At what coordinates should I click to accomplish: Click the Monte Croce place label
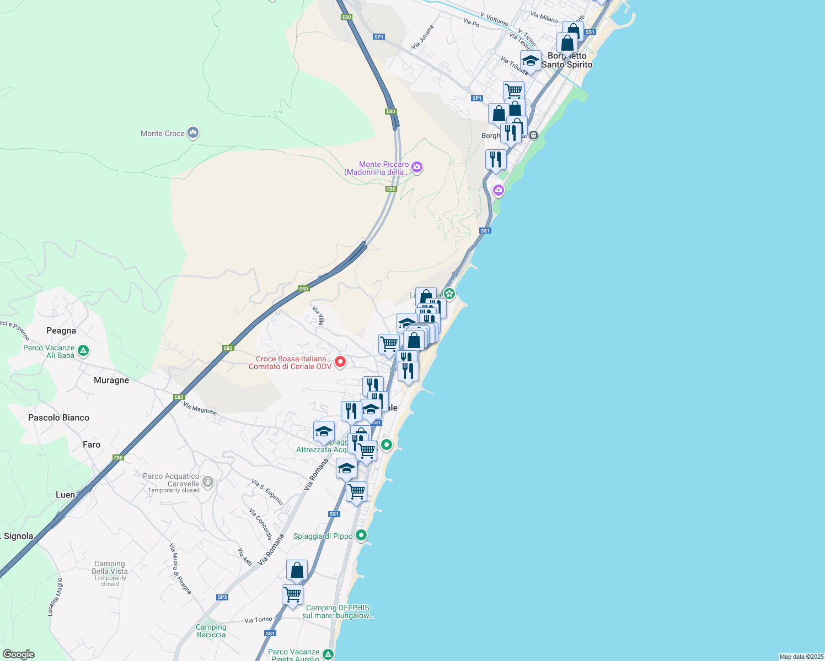[x=162, y=133]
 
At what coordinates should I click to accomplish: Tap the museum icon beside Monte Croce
[x=193, y=133]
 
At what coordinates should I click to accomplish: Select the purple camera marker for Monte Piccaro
[x=417, y=167]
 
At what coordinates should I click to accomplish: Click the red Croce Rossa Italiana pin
[x=340, y=361]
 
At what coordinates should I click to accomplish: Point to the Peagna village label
[x=61, y=330]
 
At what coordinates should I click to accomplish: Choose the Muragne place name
[x=111, y=380]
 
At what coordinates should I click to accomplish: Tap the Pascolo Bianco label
[x=58, y=418]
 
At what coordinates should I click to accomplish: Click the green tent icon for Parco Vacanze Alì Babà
[x=83, y=350]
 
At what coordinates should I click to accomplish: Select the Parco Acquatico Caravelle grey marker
[x=208, y=482]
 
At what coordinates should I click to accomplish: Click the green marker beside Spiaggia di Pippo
[x=361, y=534]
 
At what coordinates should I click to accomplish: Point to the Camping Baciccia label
[x=211, y=631]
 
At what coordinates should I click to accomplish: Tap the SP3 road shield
[x=222, y=597]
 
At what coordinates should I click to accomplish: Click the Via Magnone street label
[x=200, y=408]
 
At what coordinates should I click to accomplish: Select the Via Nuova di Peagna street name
[x=180, y=568]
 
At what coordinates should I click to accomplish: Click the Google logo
[x=19, y=654]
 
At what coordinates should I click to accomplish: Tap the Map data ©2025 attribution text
[x=801, y=657]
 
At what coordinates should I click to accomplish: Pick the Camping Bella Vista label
[x=110, y=568]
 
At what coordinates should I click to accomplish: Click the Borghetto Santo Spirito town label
[x=567, y=61]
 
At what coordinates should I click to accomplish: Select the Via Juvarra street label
[x=422, y=36]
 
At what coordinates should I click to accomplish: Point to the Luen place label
[x=65, y=495]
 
